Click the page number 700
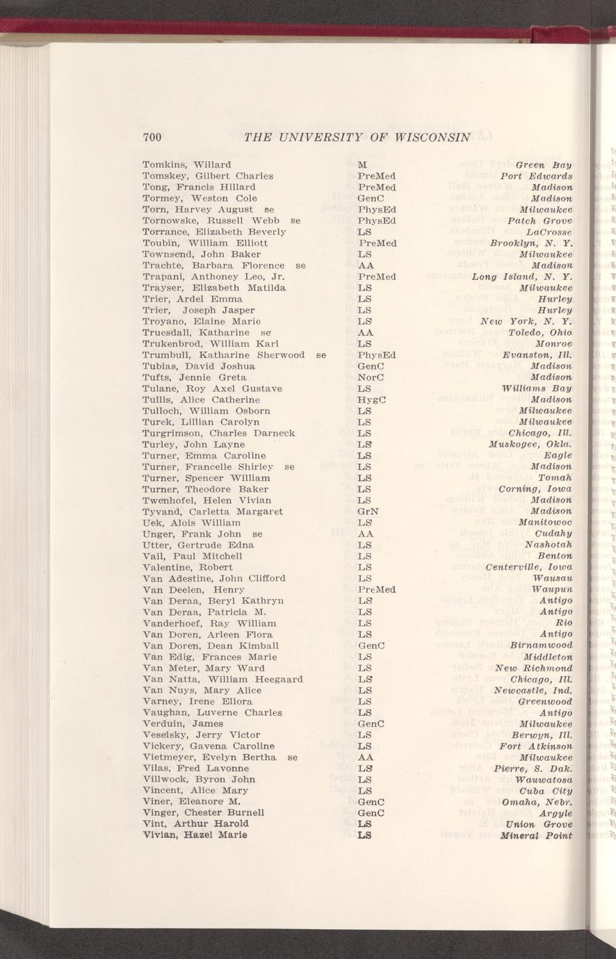click(x=152, y=137)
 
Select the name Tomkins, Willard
click(x=186, y=165)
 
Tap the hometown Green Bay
click(x=544, y=165)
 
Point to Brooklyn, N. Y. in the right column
click(x=530, y=243)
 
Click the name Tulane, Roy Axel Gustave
click(x=212, y=388)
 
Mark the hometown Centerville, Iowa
click(x=528, y=567)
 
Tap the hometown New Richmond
click(x=533, y=668)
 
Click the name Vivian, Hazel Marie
click(x=186, y=835)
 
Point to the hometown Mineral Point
click(x=535, y=835)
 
